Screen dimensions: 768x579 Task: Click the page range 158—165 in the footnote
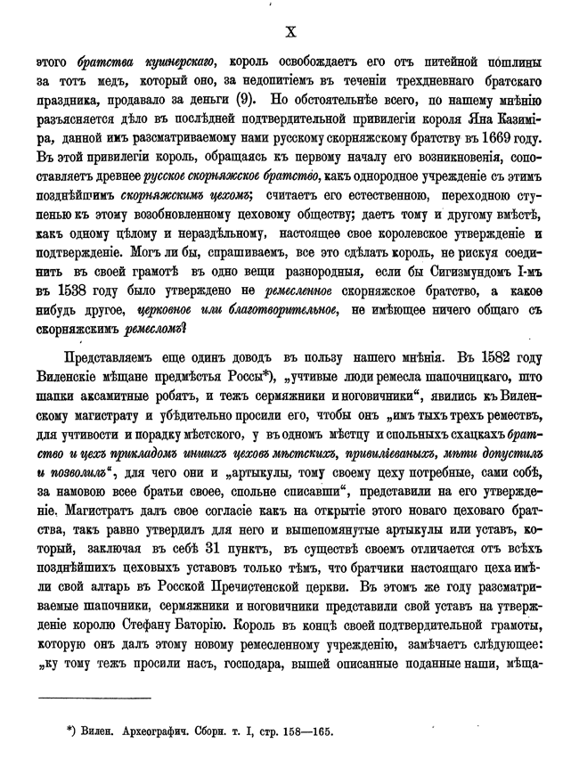click(305, 731)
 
